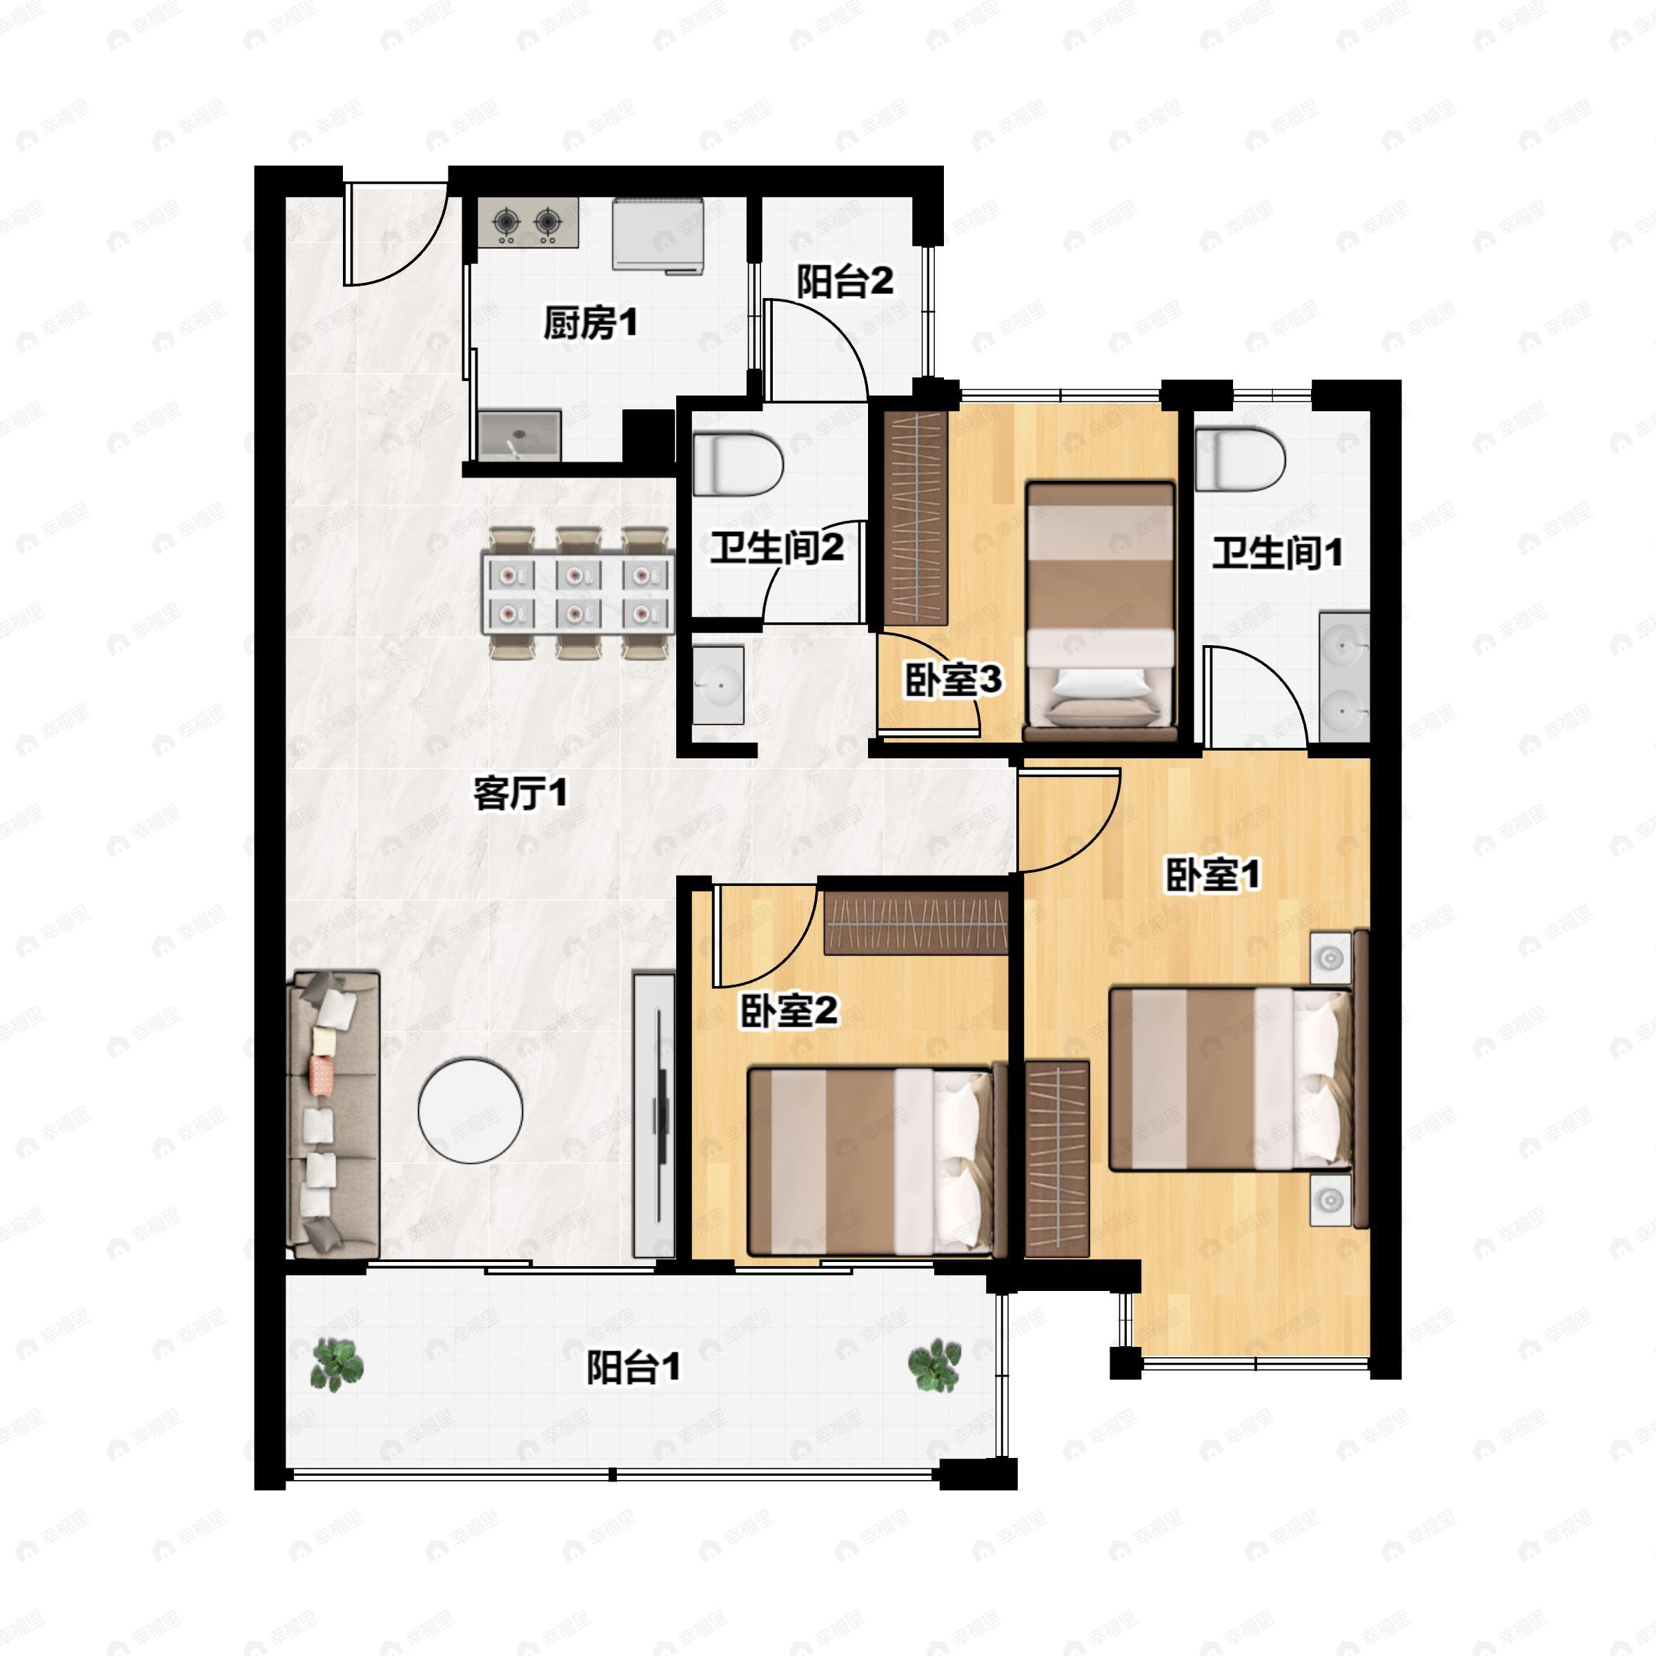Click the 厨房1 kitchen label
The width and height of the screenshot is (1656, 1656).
coord(591,324)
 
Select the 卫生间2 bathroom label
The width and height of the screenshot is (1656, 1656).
coord(776,548)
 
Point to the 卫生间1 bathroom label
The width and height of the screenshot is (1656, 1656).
coord(1277,553)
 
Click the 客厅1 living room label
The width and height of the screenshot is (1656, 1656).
coord(520,793)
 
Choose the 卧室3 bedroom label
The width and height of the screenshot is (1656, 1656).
coord(953,680)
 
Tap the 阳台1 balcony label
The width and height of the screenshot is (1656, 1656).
coord(633,1366)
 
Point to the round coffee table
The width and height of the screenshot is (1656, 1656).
coord(471,1111)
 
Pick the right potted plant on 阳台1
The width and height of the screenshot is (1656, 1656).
coord(934,1366)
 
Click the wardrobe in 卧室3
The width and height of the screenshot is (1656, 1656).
coord(916,517)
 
